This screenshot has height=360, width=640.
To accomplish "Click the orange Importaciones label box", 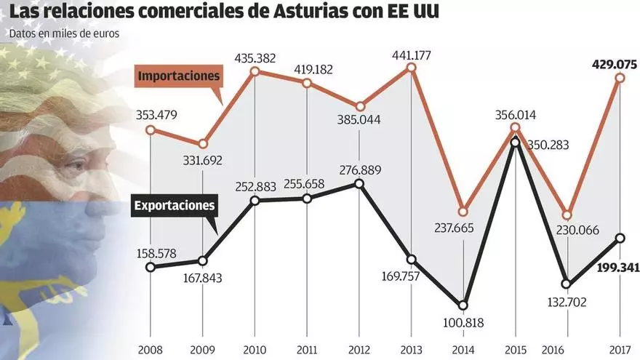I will (179, 76).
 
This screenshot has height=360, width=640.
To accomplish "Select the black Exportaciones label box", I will (175, 205).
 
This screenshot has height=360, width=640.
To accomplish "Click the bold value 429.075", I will (615, 64).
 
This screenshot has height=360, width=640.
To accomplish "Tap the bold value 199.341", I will (615, 268).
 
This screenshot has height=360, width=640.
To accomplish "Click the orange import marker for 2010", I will (255, 71).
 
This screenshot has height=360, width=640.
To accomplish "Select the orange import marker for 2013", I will (411, 68).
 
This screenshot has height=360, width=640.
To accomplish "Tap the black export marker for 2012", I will (359, 183).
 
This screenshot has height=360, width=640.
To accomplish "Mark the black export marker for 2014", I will (463, 305).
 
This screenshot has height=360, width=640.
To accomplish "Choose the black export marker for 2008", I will (151, 267).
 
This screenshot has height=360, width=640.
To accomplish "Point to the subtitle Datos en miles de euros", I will (64, 33).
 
